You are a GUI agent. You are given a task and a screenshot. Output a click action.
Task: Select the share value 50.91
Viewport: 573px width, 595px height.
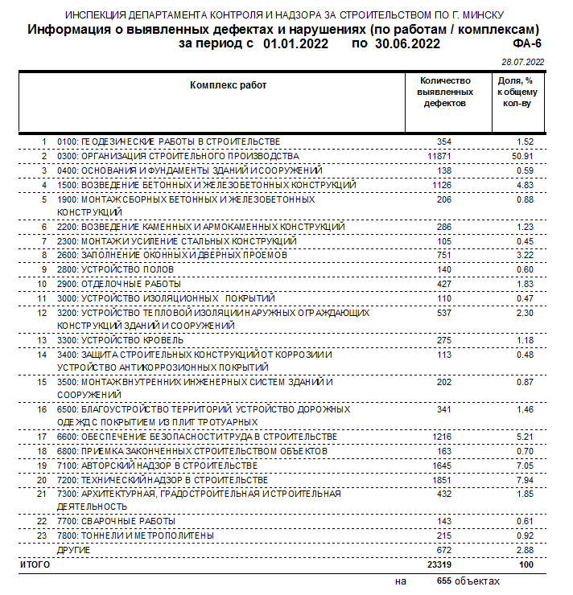[525, 155]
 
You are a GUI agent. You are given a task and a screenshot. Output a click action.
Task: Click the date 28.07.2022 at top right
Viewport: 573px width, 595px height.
[523, 62]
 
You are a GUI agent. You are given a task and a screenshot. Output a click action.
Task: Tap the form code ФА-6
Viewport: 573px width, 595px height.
[526, 44]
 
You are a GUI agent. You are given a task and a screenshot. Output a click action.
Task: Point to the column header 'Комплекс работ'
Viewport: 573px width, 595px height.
[229, 84]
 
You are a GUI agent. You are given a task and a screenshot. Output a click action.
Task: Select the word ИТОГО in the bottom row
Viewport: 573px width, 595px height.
[35, 565]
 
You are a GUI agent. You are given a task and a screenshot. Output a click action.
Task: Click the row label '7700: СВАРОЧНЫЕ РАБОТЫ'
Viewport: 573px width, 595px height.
[116, 520]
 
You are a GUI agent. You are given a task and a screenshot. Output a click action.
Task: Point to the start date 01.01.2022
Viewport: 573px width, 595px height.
[295, 44]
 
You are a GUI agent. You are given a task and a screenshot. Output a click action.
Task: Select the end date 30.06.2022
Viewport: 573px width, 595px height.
[407, 44]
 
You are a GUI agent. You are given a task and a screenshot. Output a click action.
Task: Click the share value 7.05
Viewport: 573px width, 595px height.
[525, 466]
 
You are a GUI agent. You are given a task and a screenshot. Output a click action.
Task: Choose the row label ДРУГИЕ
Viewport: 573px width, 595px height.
[73, 550]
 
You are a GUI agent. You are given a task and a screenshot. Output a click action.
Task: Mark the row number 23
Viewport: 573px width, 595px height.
[43, 535]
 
